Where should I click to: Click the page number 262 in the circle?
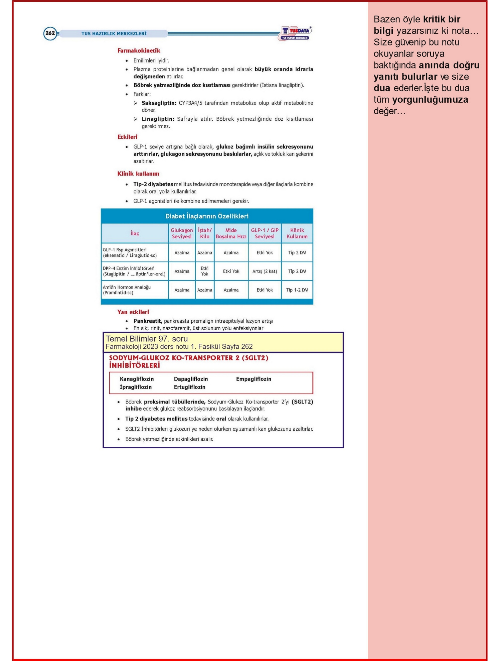point(50,33)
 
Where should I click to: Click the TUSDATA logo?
point(295,33)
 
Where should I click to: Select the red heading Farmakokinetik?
point(139,50)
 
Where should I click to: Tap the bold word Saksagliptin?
point(159,103)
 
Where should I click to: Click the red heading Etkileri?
point(127,137)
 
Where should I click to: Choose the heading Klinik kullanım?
point(138,174)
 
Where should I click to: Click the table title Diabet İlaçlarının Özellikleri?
point(207,216)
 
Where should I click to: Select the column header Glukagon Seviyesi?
point(182,233)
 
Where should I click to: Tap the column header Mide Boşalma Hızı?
point(231,233)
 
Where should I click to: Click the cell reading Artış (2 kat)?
point(265,271)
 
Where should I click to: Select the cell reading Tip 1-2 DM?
point(297,290)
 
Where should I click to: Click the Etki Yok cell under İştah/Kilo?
point(204,271)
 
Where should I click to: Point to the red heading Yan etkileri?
point(133,312)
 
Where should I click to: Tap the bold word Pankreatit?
point(148,321)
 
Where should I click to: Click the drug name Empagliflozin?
point(254,379)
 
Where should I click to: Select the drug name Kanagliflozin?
point(137,379)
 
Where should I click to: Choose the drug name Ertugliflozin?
point(189,387)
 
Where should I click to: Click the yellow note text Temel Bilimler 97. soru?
point(147,339)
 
